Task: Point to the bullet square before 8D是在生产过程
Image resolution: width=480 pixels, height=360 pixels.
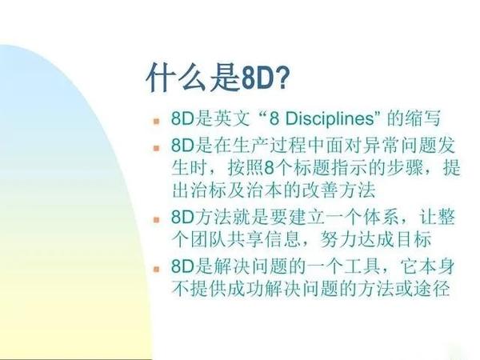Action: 157,149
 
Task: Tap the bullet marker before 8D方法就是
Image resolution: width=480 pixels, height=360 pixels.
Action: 157,218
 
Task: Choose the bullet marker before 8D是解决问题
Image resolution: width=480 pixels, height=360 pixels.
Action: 157,266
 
